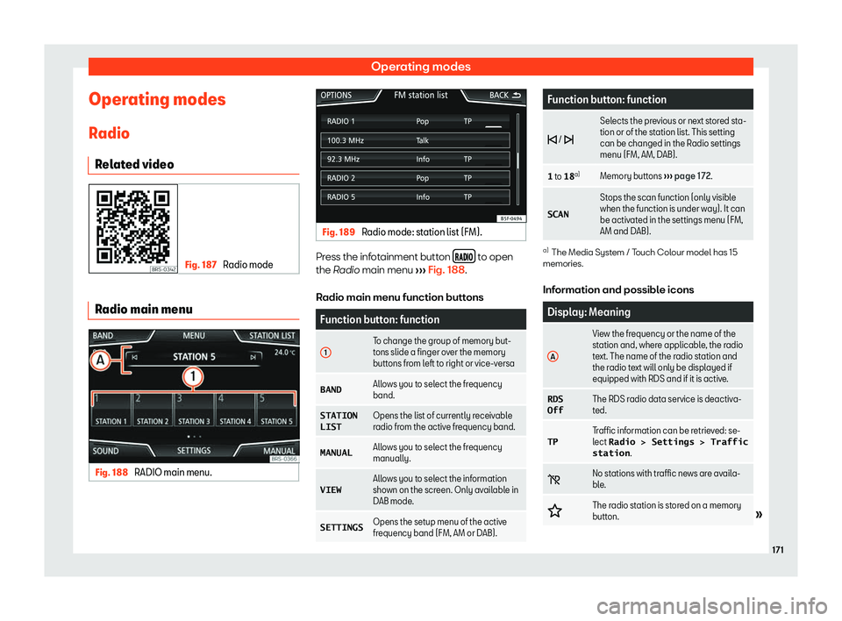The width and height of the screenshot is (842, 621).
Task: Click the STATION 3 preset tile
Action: (193, 421)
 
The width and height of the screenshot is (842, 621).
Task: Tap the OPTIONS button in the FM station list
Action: (337, 94)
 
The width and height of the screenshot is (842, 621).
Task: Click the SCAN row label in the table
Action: (563, 213)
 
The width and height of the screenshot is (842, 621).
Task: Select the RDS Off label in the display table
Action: (555, 405)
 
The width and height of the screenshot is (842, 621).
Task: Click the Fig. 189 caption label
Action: (338, 231)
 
